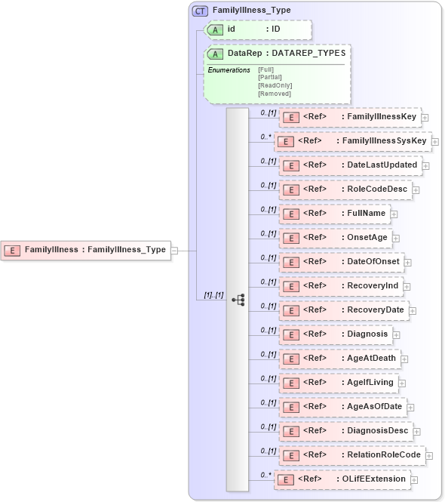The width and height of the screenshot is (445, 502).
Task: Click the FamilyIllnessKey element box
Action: click(349, 117)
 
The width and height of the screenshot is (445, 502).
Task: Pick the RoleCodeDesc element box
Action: click(345, 189)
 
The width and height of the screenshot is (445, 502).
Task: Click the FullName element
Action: click(334, 214)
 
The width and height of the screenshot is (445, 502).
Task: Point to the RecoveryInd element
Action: click(341, 286)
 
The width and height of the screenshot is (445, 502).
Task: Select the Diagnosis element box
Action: click(335, 334)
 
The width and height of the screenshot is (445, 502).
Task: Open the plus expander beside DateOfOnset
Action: click(408, 262)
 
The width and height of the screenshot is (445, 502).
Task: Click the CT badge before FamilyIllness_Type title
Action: click(201, 11)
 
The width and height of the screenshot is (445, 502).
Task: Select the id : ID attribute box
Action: click(258, 29)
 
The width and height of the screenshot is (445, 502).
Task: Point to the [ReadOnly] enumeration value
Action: click(275, 85)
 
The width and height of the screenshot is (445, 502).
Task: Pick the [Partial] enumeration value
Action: click(270, 77)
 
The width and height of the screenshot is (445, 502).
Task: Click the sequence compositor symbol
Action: click(238, 299)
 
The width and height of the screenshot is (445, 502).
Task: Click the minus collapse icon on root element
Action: click(173, 249)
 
